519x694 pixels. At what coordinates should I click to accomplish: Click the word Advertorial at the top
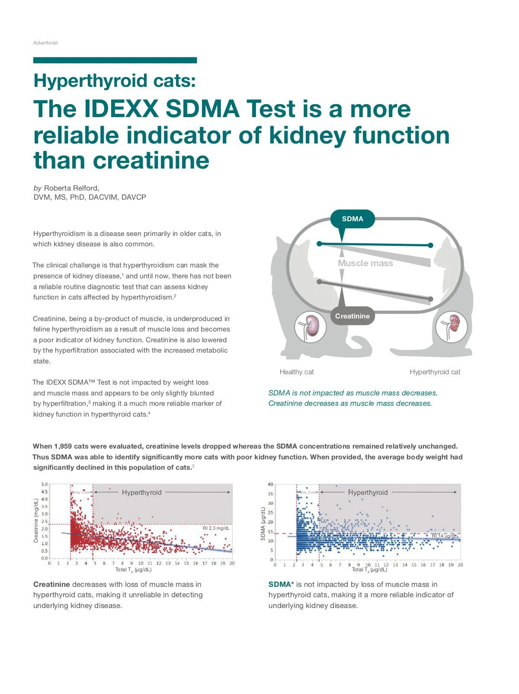(x=45, y=43)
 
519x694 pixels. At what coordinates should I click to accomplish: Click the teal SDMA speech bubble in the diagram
(x=352, y=219)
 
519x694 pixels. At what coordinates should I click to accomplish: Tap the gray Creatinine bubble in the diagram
(x=352, y=316)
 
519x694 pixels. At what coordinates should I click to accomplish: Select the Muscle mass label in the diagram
(x=365, y=263)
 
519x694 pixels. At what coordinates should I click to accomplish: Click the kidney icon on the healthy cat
(x=310, y=327)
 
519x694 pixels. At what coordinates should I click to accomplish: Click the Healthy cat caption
(x=297, y=372)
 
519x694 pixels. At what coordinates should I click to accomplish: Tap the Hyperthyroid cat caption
(x=435, y=372)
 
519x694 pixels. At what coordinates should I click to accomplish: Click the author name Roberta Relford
(x=71, y=188)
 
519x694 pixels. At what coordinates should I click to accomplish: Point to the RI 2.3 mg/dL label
(x=216, y=528)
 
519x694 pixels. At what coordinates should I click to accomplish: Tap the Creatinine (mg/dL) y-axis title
(x=36, y=521)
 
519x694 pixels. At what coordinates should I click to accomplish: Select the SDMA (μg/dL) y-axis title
(x=263, y=524)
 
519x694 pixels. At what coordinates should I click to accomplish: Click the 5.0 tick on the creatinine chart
(x=45, y=484)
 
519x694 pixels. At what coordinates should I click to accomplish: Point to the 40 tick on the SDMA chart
(x=270, y=484)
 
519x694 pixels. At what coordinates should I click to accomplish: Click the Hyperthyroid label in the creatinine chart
(x=141, y=492)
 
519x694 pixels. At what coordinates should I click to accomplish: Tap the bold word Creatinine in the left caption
(x=51, y=585)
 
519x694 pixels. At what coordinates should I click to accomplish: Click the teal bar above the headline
(x=115, y=60)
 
